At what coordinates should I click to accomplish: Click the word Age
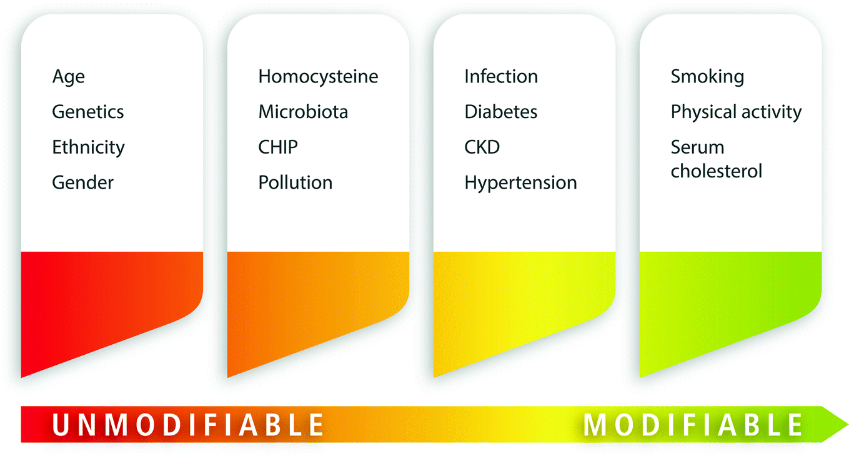[x=69, y=77]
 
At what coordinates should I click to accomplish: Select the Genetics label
[x=88, y=112]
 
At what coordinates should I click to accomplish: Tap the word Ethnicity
[x=88, y=147]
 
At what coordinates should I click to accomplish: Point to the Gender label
[x=82, y=182]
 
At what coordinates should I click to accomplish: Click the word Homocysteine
[x=318, y=77]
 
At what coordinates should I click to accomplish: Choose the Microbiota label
[x=303, y=112]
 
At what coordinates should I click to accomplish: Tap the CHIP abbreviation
[x=278, y=147]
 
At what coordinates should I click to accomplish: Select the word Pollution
[x=295, y=182]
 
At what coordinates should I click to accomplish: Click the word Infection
[x=501, y=77]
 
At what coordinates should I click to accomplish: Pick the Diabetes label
[x=501, y=112]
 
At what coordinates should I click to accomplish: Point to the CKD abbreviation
[x=482, y=147]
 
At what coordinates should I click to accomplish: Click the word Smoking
[x=707, y=77]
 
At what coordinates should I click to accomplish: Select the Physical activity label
[x=736, y=112]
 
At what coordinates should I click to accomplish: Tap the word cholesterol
[x=717, y=171]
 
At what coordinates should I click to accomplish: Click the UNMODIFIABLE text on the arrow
[x=188, y=425]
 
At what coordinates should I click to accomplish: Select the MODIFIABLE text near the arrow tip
[x=693, y=425]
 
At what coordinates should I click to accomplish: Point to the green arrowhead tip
[x=848, y=425]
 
